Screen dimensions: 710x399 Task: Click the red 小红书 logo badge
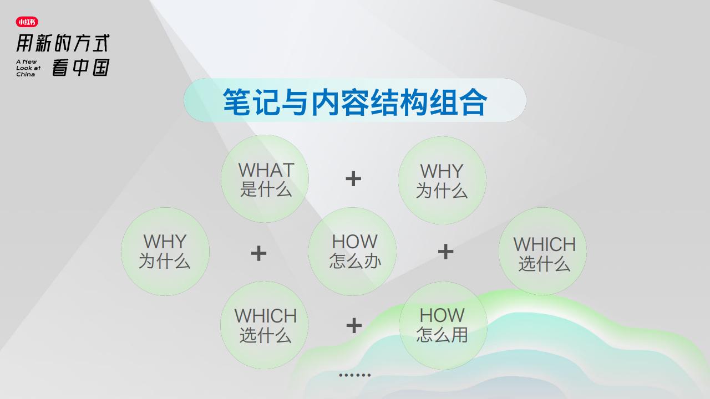tap(27, 22)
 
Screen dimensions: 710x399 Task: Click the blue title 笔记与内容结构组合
tap(354, 102)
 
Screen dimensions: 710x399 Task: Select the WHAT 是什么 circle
tap(265, 178)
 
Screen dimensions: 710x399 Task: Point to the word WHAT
tap(266, 170)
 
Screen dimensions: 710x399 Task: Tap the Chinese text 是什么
tap(266, 190)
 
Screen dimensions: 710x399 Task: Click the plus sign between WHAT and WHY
tap(353, 179)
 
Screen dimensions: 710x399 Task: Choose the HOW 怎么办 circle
tap(352, 252)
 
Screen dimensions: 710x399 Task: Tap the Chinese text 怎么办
tap(355, 261)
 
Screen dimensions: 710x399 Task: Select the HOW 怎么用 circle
tap(443, 325)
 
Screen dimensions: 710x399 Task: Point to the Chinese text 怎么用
tap(442, 334)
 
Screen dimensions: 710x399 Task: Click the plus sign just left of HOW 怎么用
tap(354, 325)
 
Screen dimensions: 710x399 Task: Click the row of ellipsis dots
tap(354, 375)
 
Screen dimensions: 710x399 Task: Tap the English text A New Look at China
tap(28, 68)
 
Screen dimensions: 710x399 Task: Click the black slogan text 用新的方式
tap(63, 43)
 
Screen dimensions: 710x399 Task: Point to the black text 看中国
tap(81, 67)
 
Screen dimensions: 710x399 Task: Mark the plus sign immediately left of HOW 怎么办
tap(258, 253)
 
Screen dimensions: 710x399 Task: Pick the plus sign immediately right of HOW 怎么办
tap(445, 252)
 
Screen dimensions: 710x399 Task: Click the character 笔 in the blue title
tap(237, 102)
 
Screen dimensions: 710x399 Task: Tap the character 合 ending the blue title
tap(474, 102)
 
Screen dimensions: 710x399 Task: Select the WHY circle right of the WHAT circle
tap(443, 180)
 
